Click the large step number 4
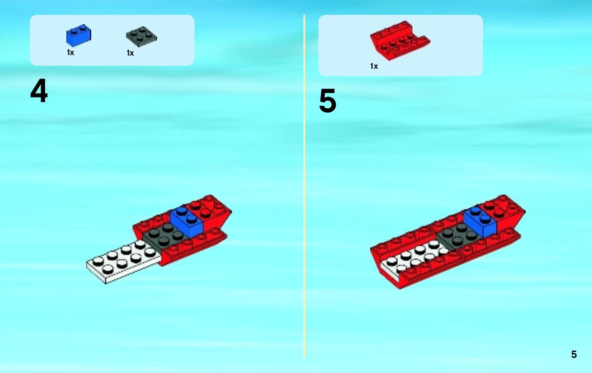point(39,91)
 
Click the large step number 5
point(327,101)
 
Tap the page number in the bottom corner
point(574,354)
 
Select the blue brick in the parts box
point(78,36)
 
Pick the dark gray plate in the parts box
point(141,36)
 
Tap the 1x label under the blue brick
point(70,53)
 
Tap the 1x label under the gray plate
point(130,53)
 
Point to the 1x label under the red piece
point(374,66)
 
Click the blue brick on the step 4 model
point(187,221)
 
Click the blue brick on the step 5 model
point(480,221)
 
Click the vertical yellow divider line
point(304,186)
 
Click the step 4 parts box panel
point(112,40)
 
